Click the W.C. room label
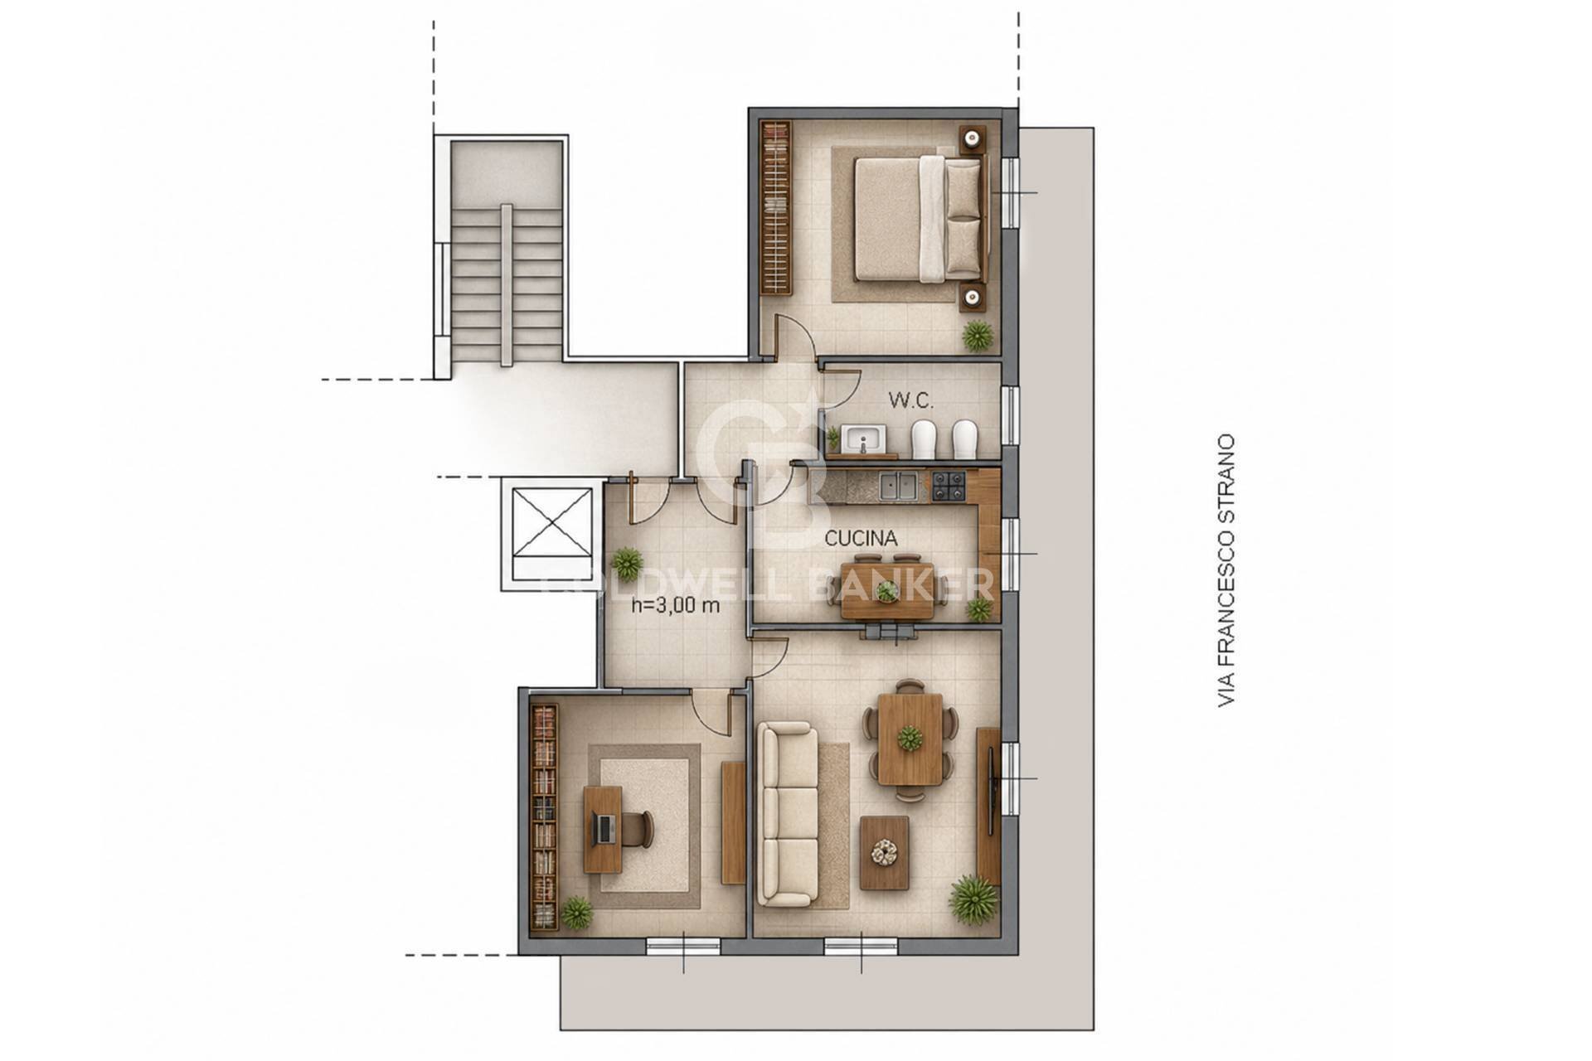[911, 401]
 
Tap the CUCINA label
[861, 539]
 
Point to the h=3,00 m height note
[676, 605]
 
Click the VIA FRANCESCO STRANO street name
[1226, 571]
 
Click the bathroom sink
[863, 438]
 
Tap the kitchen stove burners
[949, 487]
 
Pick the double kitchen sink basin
[899, 487]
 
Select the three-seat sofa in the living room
[788, 814]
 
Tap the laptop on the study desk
[605, 826]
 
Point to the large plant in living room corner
[973, 899]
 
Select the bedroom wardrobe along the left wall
[776, 207]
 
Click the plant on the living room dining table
[910, 737]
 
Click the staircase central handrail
[507, 285]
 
